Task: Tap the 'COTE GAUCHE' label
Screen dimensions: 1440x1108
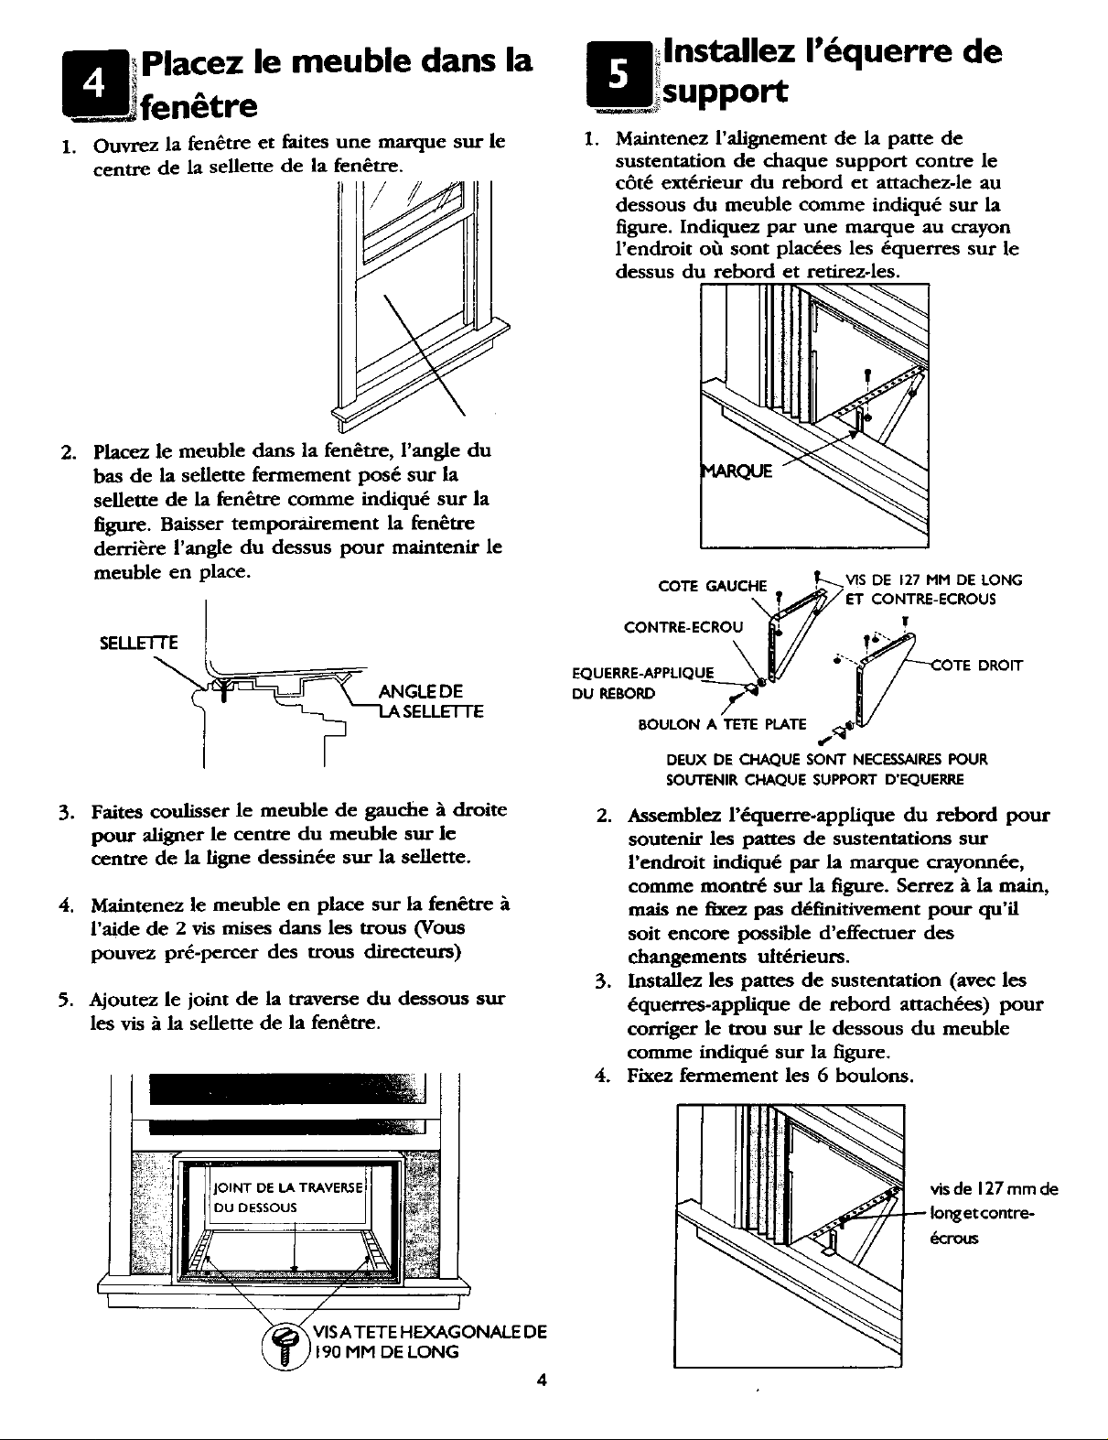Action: tap(712, 585)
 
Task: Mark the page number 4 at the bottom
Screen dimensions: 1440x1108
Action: tap(541, 1382)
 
